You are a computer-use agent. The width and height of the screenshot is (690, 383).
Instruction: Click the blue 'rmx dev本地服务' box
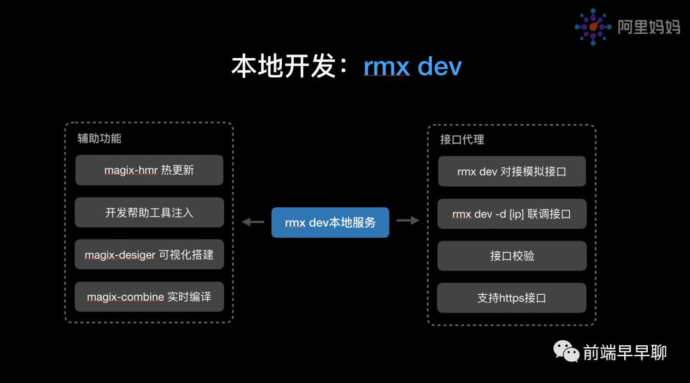click(x=330, y=223)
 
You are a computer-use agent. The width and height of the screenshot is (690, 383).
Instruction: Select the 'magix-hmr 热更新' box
click(x=149, y=170)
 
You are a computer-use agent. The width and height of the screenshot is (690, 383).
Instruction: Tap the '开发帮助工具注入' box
click(x=149, y=212)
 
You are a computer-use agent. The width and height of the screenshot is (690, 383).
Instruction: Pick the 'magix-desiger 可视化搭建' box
click(x=149, y=254)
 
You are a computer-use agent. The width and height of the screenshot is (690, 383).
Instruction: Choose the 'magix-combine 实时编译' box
click(x=149, y=297)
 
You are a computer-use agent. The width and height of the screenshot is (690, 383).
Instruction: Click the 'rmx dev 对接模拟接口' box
click(x=512, y=171)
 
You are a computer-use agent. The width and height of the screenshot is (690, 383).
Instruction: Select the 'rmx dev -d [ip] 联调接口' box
click(x=512, y=214)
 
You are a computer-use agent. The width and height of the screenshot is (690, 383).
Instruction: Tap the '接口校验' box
click(x=512, y=256)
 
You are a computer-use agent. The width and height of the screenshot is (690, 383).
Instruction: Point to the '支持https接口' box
click(x=511, y=298)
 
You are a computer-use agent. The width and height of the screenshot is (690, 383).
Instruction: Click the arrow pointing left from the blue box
click(x=253, y=222)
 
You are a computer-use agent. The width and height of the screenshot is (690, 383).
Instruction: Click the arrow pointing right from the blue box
click(x=408, y=220)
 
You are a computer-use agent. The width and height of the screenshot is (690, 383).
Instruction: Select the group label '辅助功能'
click(x=100, y=138)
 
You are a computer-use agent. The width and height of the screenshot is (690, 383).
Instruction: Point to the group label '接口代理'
click(x=462, y=139)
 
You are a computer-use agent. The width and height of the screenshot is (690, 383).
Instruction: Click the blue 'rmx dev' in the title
click(x=412, y=66)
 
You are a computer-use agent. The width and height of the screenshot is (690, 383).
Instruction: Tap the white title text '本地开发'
click(x=284, y=66)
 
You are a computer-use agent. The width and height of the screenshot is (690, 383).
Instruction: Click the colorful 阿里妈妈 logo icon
click(x=593, y=27)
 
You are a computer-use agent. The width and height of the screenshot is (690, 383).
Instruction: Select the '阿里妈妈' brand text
click(x=649, y=27)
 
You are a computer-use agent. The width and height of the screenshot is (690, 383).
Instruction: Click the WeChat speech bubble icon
click(x=566, y=351)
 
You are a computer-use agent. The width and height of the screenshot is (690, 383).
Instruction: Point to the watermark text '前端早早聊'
click(x=625, y=352)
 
